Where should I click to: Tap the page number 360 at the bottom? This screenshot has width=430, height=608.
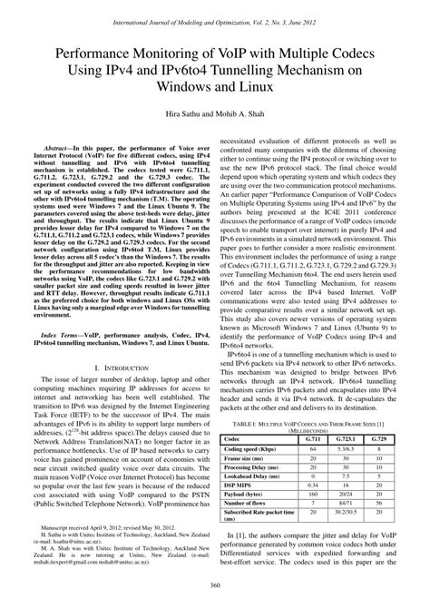[215, 593]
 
